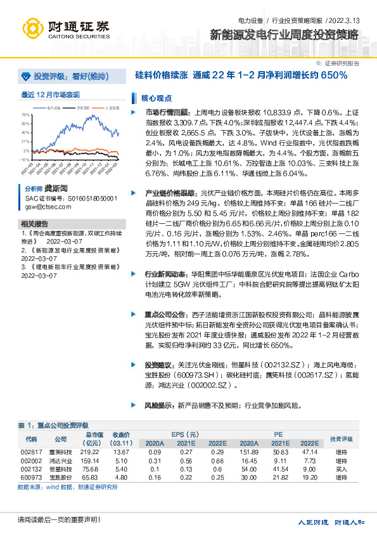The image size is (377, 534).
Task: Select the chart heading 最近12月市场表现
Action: [x=51, y=94]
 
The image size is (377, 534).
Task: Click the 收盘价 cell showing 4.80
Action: [x=122, y=476]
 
